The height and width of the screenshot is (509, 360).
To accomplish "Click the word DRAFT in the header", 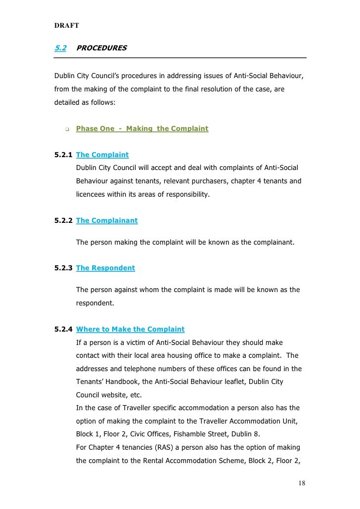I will pos(65,25).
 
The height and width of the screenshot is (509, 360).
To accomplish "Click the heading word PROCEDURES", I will pos(101,48).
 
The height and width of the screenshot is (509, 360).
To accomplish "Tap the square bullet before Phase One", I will pos(66,129).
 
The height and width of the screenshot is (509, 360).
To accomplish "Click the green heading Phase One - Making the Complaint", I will pos(142,128).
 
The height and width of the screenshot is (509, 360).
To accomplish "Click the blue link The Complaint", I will pos(102,155).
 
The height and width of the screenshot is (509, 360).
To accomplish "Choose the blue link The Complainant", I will pos(107,221).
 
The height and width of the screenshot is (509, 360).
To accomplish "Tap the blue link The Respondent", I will pos(105,268).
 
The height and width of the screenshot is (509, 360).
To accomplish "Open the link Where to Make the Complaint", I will pos(130,329).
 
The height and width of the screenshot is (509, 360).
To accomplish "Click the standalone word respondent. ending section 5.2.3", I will pos(95,303).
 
